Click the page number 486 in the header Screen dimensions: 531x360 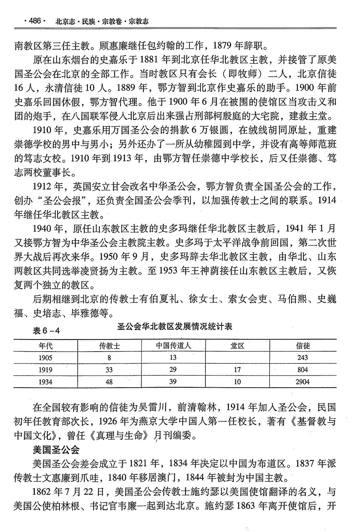coord(34,21)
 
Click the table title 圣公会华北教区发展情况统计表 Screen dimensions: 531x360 coord(175,326)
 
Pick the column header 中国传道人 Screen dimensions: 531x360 coord(173,346)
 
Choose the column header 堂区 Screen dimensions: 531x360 coord(237,346)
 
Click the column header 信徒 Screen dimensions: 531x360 coord(303,346)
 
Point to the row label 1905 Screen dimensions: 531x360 coord(45,358)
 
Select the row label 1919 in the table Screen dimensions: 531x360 coord(45,370)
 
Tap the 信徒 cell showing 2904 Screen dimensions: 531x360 coord(303,382)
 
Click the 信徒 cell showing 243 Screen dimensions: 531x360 coord(303,358)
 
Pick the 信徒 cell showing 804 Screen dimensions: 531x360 coord(303,370)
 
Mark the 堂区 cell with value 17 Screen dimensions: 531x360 coord(237,370)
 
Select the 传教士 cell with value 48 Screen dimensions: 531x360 coord(109,382)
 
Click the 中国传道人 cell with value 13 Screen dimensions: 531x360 coord(173,358)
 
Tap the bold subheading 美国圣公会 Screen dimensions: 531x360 coord(56,450)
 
